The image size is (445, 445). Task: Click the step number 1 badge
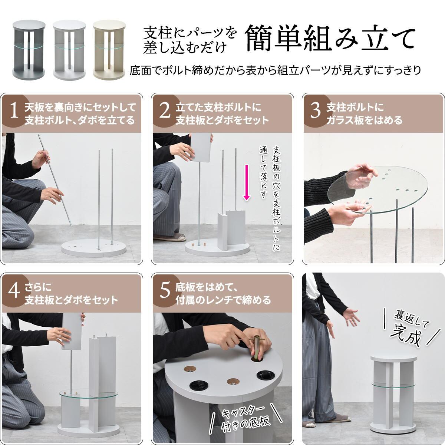tap(14, 111)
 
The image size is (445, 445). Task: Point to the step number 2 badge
tap(165, 111)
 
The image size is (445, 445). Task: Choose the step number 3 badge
tap(316, 111)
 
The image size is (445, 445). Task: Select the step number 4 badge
tap(14, 291)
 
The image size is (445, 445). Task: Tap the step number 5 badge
tap(165, 291)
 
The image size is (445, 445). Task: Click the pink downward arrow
tap(247, 182)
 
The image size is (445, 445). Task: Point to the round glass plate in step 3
tap(378, 190)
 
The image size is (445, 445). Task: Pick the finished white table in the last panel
tap(394, 393)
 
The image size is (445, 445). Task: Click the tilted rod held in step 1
tap(55, 181)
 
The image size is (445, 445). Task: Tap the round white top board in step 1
tap(94, 248)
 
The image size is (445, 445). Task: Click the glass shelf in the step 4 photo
tap(89, 396)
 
